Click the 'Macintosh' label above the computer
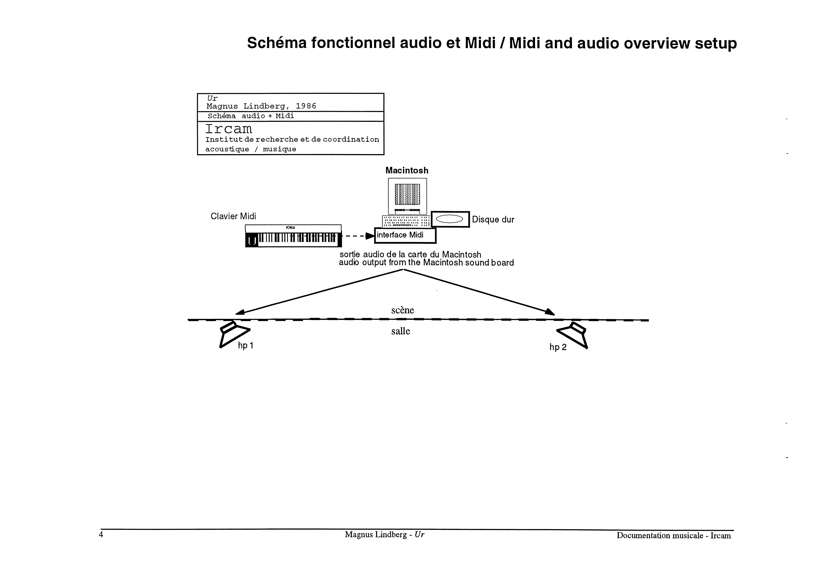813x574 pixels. coord(407,171)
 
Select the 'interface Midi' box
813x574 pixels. coord(405,235)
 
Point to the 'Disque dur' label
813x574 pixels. coord(493,220)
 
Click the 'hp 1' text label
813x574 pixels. coord(245,345)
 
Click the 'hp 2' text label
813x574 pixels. coord(558,347)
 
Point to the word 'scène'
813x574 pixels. coord(403,310)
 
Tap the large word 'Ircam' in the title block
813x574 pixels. coord(229,129)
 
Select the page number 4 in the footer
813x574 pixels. coord(101,535)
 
